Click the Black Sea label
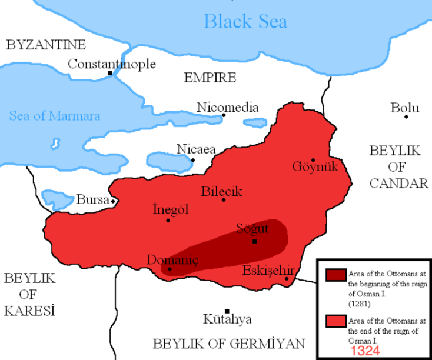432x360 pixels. (245, 22)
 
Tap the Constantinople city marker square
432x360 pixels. (110, 73)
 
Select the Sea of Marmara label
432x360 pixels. (55, 115)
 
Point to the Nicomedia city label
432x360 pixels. (228, 108)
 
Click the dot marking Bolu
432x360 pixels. (406, 116)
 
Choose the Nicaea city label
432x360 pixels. (196, 149)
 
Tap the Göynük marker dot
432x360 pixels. (313, 159)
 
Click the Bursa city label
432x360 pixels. (92, 200)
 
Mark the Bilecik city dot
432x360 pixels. (224, 200)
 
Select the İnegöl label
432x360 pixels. (170, 209)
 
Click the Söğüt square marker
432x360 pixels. (254, 241)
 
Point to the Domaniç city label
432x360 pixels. (172, 260)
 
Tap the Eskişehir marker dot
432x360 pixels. (287, 278)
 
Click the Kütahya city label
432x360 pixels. (227, 319)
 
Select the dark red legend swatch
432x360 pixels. (335, 275)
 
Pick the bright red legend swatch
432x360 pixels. (335, 321)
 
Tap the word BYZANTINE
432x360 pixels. (45, 45)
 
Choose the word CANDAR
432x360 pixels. (398, 184)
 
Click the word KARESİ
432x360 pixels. (29, 310)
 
